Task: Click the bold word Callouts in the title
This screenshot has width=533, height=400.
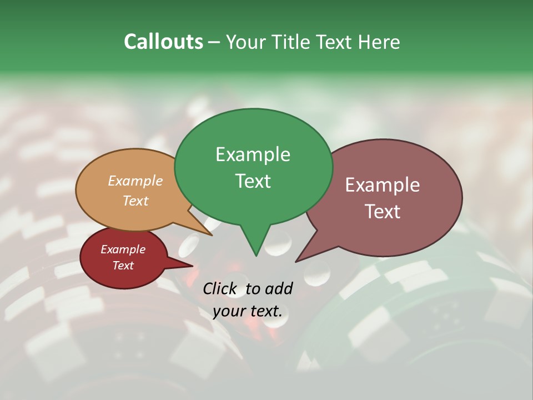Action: click(163, 42)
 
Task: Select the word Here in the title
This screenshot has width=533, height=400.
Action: click(378, 42)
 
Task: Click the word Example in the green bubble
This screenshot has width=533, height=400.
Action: click(253, 154)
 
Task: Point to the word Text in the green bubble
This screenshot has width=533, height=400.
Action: click(253, 181)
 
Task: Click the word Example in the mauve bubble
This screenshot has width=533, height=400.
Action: click(383, 185)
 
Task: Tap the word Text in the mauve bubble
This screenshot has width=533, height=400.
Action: click(383, 212)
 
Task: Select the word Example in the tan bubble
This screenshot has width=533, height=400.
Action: click(135, 181)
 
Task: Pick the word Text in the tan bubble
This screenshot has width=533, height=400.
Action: click(135, 201)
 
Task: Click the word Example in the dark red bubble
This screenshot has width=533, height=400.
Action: click(123, 249)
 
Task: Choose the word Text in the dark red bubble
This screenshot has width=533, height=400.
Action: click(123, 266)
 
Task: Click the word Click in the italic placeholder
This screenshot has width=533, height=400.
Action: click(220, 288)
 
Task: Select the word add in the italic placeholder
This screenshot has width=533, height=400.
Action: click(279, 288)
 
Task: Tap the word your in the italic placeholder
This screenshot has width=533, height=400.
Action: click(229, 311)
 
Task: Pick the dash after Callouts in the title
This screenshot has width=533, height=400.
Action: click(214, 42)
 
